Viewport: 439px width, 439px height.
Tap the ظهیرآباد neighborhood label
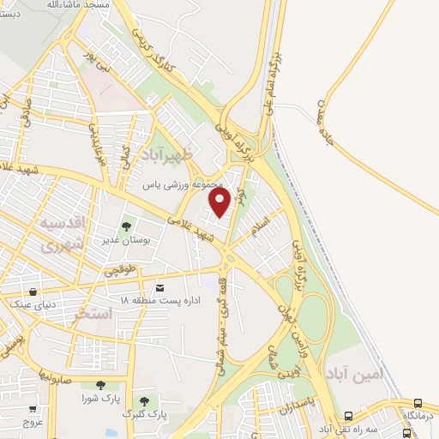pyautogui.click(x=177, y=154)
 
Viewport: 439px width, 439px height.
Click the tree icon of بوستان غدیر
pyautogui.click(x=127, y=227)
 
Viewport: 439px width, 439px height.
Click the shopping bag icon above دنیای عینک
pyautogui.click(x=33, y=292)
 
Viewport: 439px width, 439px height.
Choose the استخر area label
pyautogui.click(x=93, y=314)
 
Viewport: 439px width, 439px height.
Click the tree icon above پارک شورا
pyautogui.click(x=100, y=385)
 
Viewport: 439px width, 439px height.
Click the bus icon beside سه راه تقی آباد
pyautogui.click(x=418, y=403)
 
